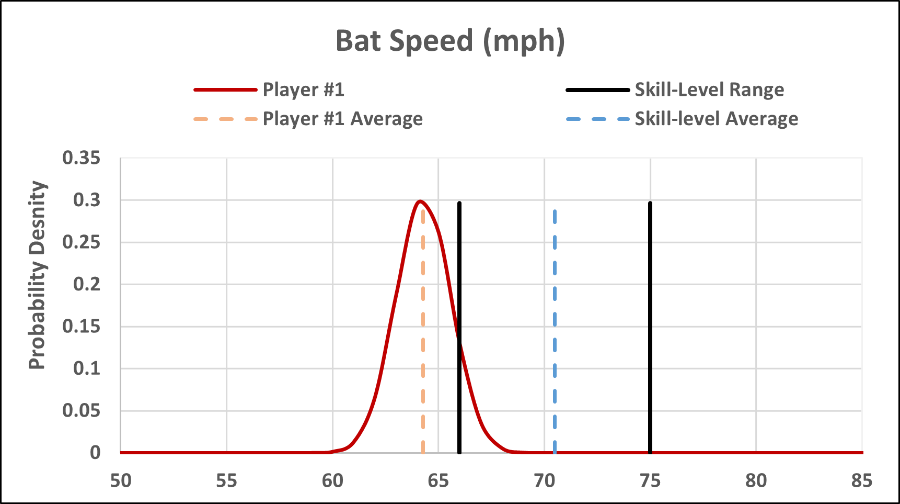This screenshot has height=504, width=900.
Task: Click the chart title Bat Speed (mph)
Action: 450,41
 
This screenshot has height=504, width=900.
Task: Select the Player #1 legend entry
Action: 303,89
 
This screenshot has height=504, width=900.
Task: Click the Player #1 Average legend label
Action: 342,119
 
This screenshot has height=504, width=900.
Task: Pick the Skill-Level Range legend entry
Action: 709,89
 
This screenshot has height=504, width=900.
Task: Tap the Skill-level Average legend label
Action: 716,119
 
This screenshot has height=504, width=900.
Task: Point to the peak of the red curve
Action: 420,201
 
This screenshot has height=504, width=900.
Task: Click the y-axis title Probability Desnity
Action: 37,275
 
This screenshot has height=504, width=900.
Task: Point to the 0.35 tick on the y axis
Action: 81,158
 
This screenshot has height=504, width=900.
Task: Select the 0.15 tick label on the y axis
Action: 81,326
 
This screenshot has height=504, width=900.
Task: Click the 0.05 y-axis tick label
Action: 81,410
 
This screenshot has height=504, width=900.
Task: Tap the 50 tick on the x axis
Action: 121,480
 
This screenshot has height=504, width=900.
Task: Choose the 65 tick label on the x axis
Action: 438,480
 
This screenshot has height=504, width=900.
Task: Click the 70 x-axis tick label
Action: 544,480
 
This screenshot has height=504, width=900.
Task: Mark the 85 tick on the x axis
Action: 861,480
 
